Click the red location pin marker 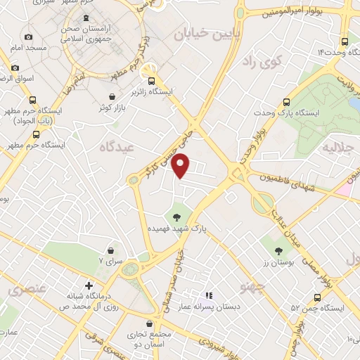point(182,165)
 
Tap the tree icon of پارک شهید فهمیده point(177,217)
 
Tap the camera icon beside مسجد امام point(28,37)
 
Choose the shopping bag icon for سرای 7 point(111,250)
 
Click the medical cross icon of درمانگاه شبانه point(89,285)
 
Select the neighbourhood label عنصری point(25,289)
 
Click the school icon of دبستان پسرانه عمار point(207,296)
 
